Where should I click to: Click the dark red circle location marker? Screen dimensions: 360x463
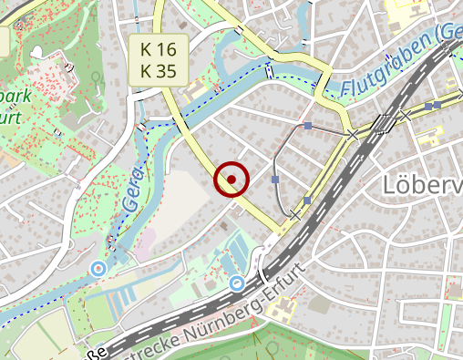[231, 180]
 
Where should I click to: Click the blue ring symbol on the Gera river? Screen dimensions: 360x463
[98, 268]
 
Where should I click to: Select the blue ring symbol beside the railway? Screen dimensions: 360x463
[237, 283]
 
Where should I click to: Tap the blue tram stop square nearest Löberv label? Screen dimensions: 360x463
[307, 199]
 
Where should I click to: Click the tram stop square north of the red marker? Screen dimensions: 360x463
[308, 125]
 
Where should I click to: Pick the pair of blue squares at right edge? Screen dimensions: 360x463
[432, 106]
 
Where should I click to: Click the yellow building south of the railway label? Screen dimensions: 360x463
[280, 313]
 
